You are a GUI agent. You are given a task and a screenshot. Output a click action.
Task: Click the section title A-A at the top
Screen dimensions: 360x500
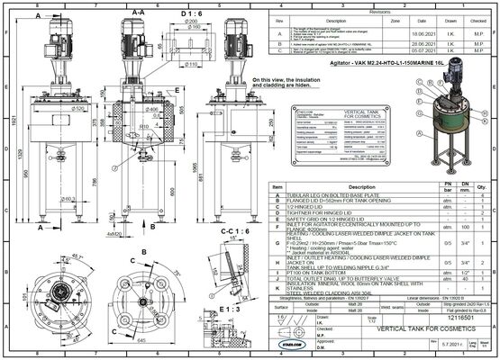138,13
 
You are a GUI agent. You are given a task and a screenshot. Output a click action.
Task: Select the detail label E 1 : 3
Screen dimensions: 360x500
228,309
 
